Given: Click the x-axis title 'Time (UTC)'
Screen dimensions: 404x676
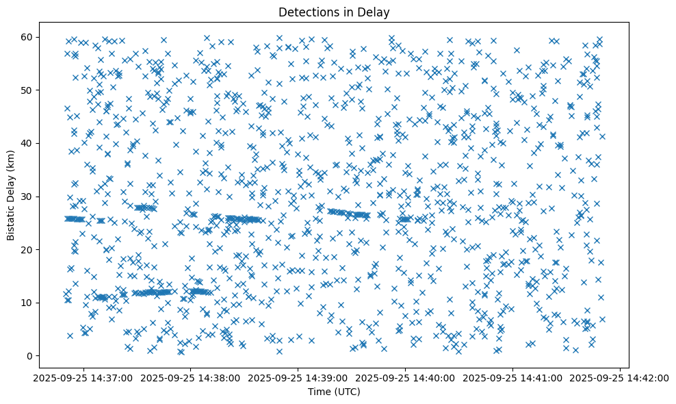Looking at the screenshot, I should (x=334, y=392).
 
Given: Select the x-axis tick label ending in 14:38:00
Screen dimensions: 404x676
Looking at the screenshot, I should (x=190, y=378).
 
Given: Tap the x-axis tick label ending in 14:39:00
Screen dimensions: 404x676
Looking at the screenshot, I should (x=298, y=378).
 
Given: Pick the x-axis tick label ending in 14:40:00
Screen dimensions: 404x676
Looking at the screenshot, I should (x=405, y=378).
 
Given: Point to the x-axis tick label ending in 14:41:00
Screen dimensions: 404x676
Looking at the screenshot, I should (x=512, y=378).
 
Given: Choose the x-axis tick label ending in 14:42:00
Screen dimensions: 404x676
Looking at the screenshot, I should (x=620, y=378).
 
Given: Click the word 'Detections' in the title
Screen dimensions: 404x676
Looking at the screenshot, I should (x=304, y=12).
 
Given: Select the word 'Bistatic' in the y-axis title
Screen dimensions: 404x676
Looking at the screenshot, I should (x=11, y=219).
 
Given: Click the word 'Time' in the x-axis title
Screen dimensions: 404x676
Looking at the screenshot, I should (x=319, y=392).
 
